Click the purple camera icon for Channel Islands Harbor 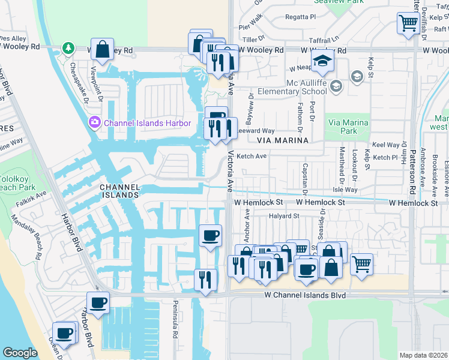94,123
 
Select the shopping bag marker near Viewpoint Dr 102,49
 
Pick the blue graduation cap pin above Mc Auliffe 322,61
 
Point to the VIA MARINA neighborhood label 282,140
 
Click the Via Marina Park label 347,127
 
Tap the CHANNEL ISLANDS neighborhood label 119,191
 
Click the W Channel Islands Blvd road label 306,296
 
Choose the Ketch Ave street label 252,156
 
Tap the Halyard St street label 284,216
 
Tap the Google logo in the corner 20,353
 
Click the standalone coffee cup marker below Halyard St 210,235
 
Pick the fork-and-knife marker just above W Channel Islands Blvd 205,280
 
